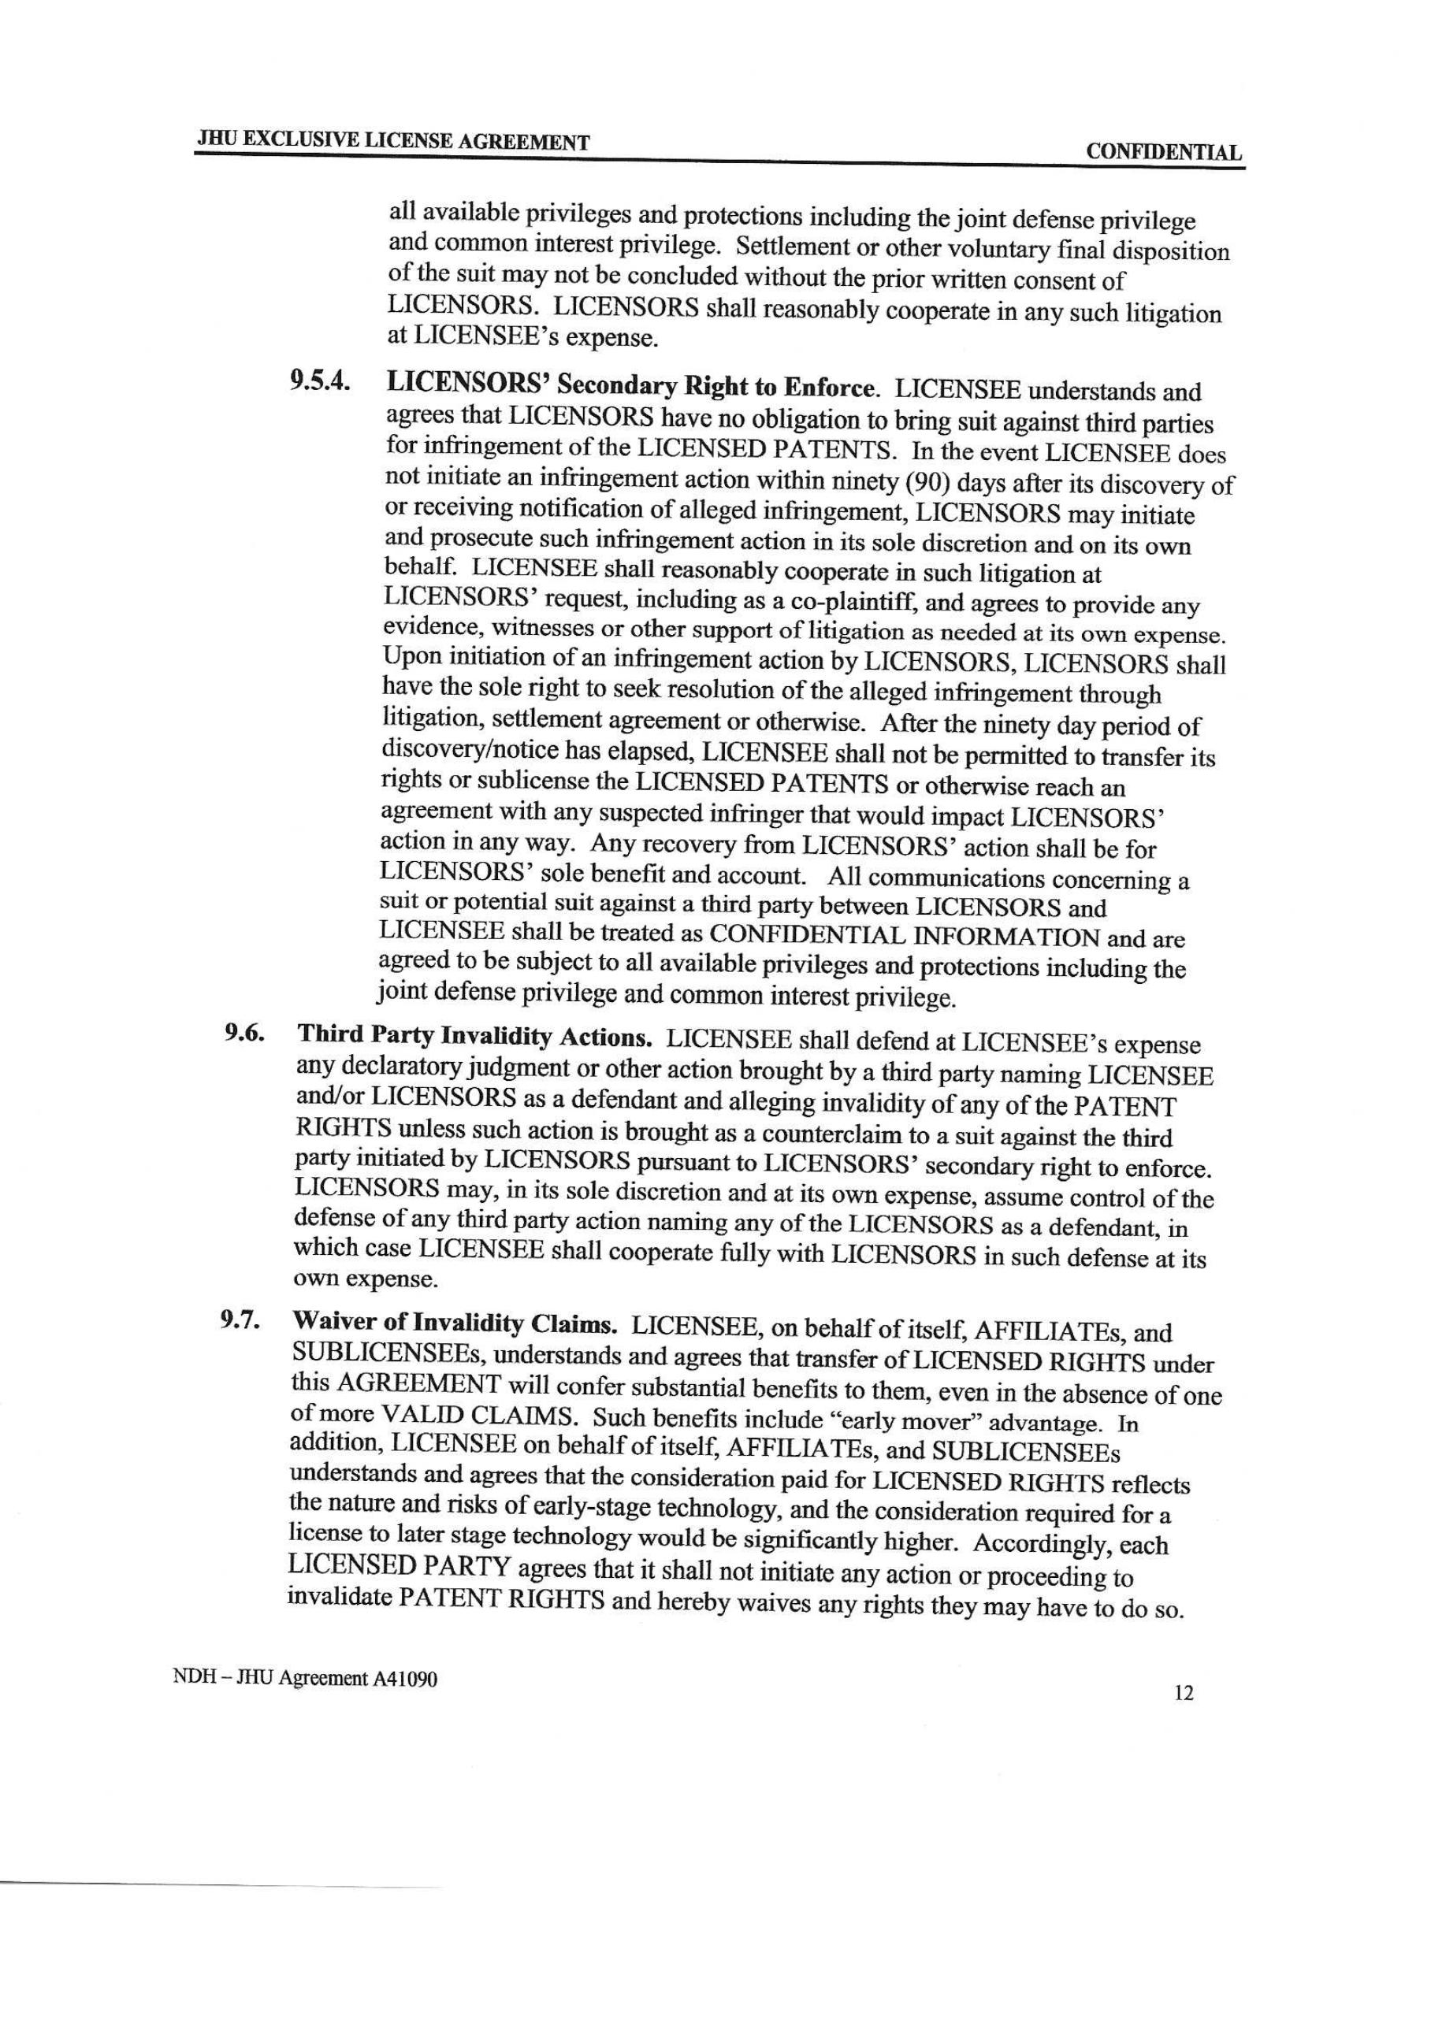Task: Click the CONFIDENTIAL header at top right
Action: pyautogui.click(x=1163, y=152)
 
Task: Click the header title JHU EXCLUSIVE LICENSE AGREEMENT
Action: pyautogui.click(x=393, y=140)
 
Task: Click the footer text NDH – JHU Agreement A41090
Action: pyautogui.click(x=305, y=1678)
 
